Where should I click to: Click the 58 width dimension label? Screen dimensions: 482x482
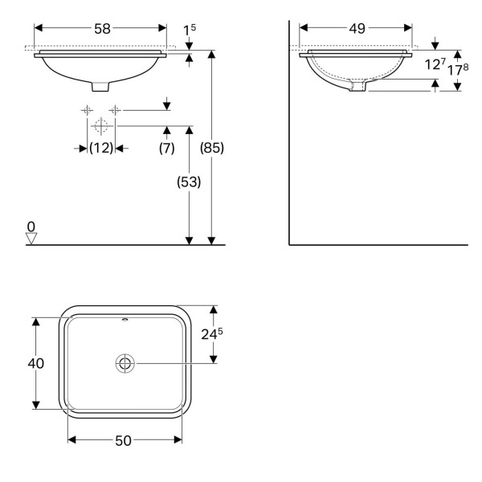point(102,29)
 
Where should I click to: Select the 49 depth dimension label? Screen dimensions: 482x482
point(357,29)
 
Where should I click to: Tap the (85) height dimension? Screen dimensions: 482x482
point(212,148)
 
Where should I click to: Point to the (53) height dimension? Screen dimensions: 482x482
point(189,182)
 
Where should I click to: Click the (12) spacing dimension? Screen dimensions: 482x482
point(101,148)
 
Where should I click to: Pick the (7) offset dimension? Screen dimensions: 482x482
point(166,148)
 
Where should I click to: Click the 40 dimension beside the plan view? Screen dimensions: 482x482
point(35,363)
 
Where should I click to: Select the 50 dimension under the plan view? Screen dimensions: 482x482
point(123,441)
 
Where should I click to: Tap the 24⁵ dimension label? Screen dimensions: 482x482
point(212,334)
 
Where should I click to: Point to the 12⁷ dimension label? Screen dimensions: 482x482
point(435,64)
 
